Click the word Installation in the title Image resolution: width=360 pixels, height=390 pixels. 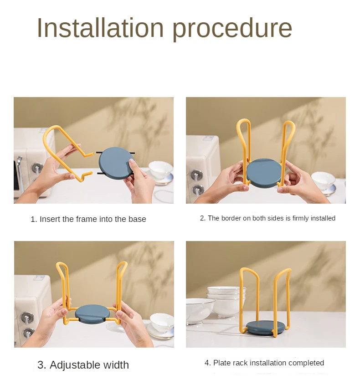click(x=100, y=28)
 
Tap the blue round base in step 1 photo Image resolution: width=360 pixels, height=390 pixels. click(x=117, y=162)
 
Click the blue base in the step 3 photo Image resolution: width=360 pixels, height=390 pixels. click(x=93, y=314)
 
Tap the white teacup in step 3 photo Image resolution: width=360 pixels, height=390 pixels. click(x=161, y=322)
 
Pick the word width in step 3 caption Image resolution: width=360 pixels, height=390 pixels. click(x=116, y=365)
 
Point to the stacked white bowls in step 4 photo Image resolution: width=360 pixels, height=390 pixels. click(x=226, y=301)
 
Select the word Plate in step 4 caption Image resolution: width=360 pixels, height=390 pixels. click(x=221, y=363)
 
